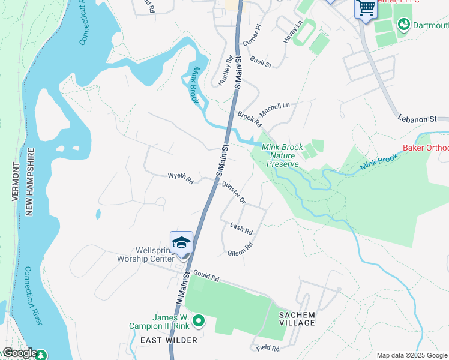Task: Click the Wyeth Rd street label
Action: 181,178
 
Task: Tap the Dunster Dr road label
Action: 234,193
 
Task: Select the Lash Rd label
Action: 241,227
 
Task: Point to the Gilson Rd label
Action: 240,249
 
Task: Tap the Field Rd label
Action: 268,348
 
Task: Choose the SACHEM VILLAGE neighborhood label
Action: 297,319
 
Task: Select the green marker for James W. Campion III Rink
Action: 198,322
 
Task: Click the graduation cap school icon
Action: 181,243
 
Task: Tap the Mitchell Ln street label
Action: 274,109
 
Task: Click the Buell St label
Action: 261,61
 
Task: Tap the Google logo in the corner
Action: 19,353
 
